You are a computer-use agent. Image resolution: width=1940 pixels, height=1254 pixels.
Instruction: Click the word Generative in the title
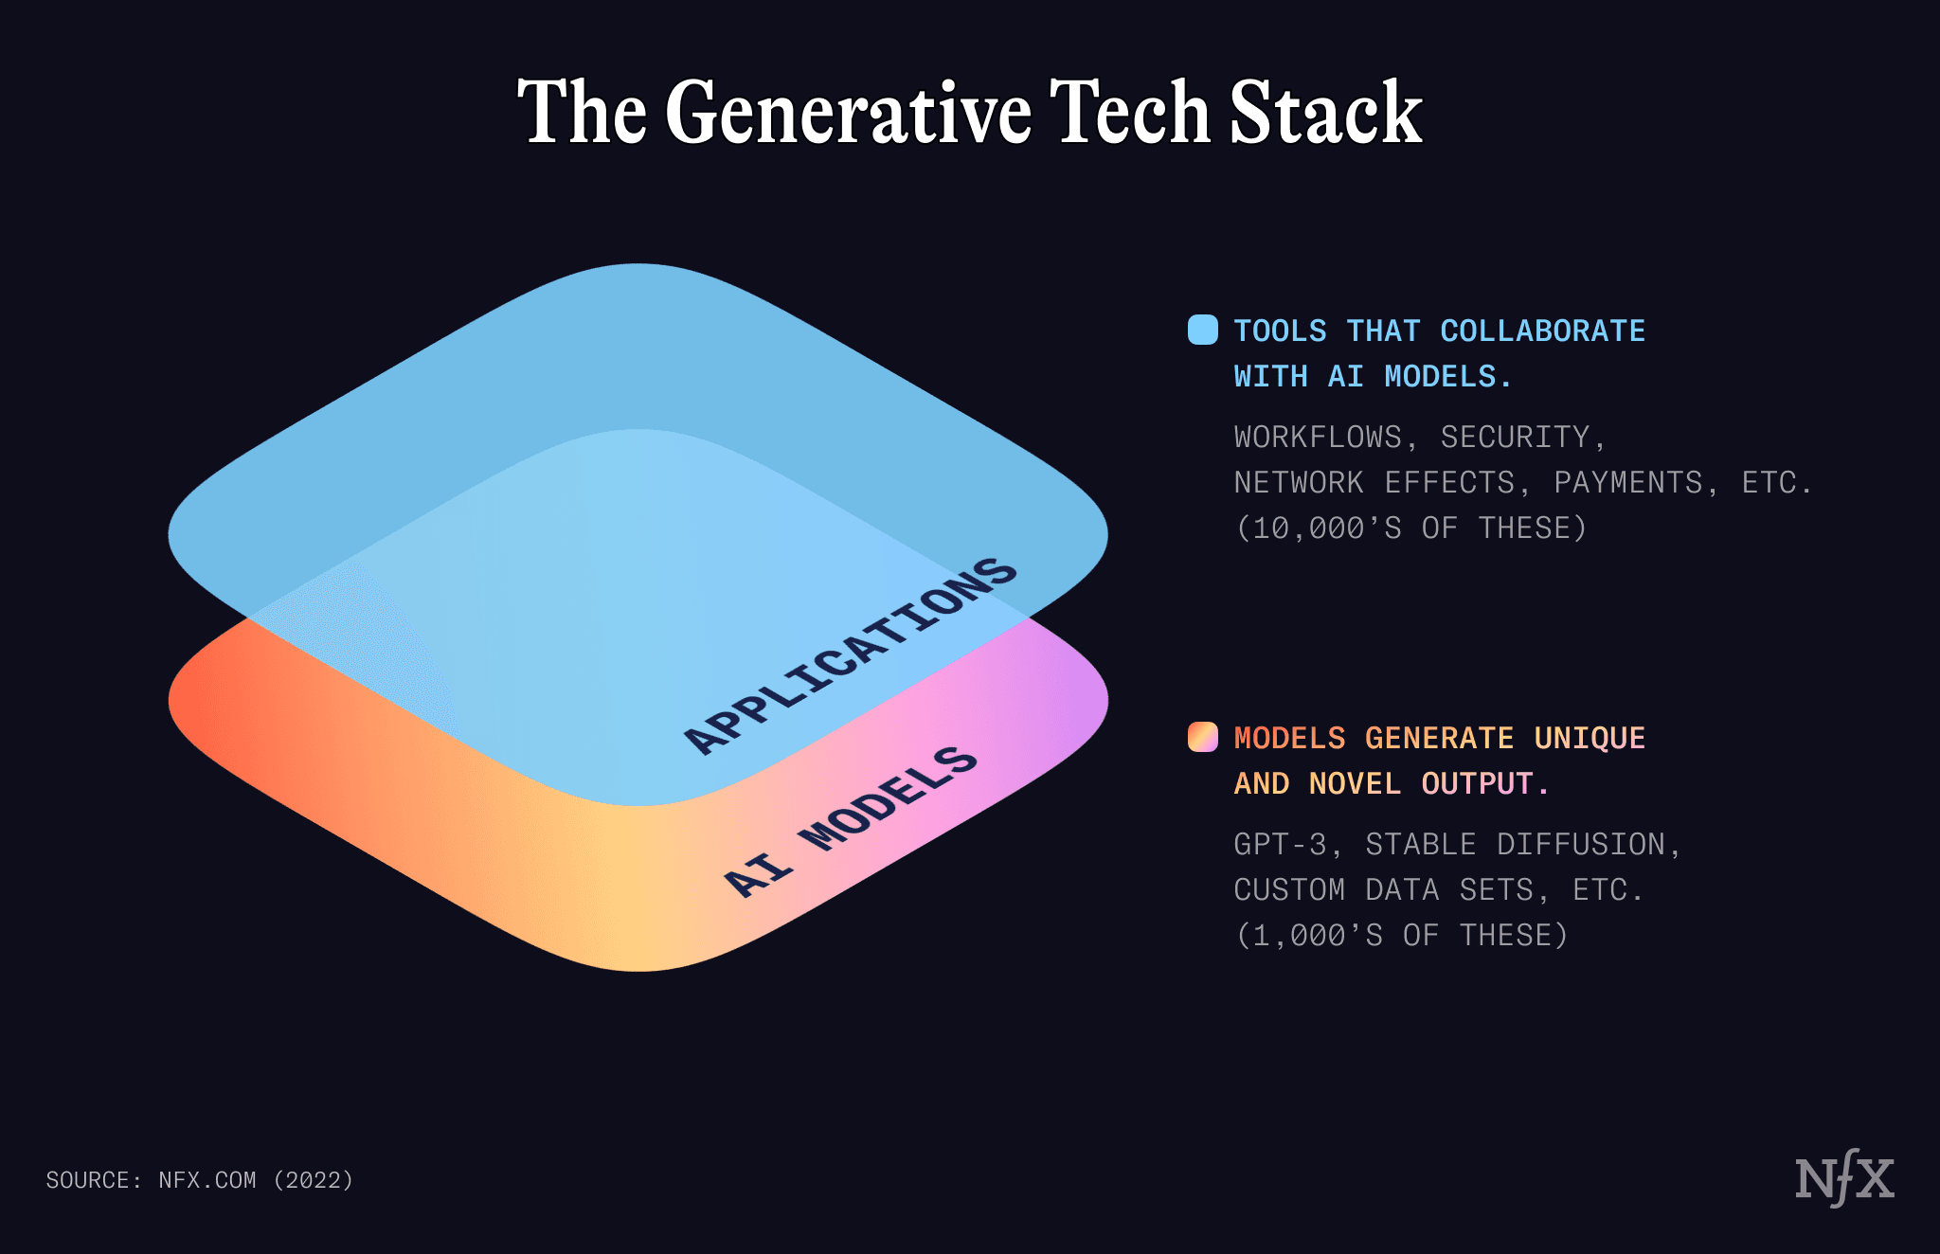pos(848,114)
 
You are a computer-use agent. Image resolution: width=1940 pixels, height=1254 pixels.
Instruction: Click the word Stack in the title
pos(1325,114)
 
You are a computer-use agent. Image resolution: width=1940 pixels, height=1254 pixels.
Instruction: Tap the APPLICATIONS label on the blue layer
pos(850,655)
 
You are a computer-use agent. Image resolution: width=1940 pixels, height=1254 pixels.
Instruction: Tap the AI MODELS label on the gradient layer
pos(850,821)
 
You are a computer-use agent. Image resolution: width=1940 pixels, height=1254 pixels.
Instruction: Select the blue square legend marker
pos(1202,330)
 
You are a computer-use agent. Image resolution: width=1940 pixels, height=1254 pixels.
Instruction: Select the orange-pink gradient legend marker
pos(1202,737)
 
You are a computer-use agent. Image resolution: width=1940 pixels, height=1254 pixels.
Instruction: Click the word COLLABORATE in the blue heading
pos(1542,331)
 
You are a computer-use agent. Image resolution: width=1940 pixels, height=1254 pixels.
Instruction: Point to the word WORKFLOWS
pos(1318,437)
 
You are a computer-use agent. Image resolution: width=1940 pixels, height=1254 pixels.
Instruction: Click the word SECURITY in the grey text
pos(1515,437)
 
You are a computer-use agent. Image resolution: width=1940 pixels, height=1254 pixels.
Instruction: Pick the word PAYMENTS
pos(1628,482)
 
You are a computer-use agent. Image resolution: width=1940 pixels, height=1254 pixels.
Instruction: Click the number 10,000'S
pos(1326,528)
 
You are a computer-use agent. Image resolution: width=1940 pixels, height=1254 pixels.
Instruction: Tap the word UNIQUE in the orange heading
pos(1590,738)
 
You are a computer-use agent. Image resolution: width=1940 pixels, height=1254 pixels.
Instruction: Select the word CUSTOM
pos(1289,889)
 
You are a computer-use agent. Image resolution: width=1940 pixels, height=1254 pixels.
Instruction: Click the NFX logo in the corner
pos(1843,1180)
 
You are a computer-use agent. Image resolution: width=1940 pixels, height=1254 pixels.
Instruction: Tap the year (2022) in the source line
pos(314,1180)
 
